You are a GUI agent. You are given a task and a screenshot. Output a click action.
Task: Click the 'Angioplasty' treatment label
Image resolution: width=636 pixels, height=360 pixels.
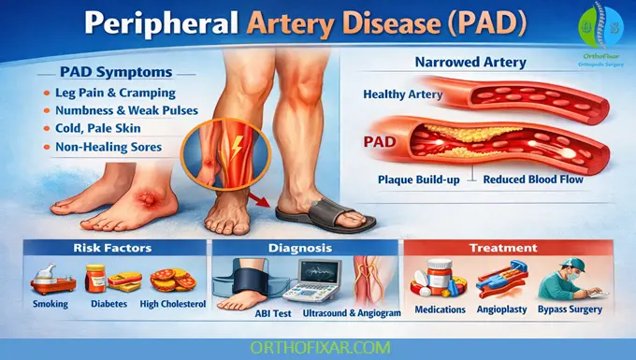click(503, 309)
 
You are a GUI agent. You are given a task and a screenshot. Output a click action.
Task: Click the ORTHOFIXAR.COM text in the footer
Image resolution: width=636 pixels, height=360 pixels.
click(318, 347)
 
